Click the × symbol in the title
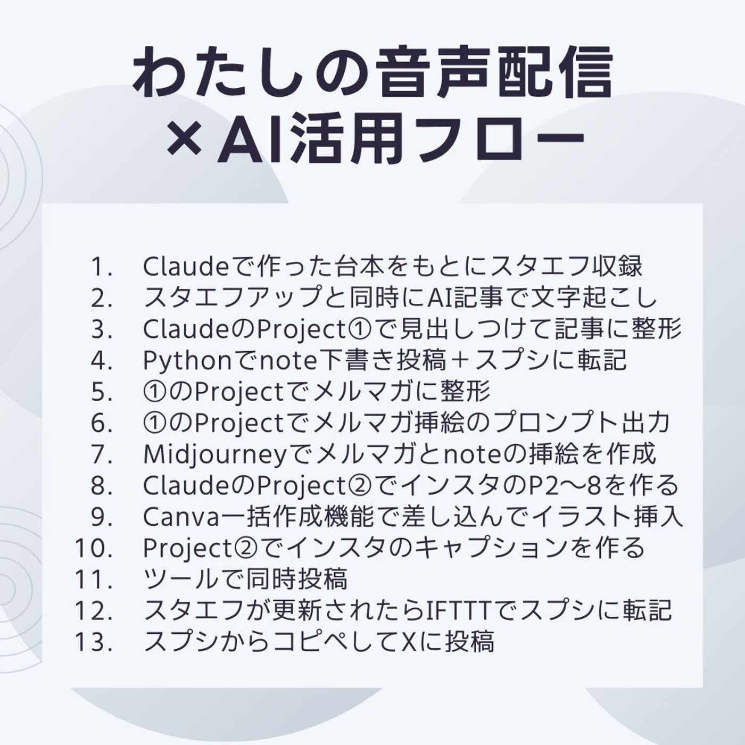[185, 138]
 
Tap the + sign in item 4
[460, 360]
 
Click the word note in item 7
[473, 455]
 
